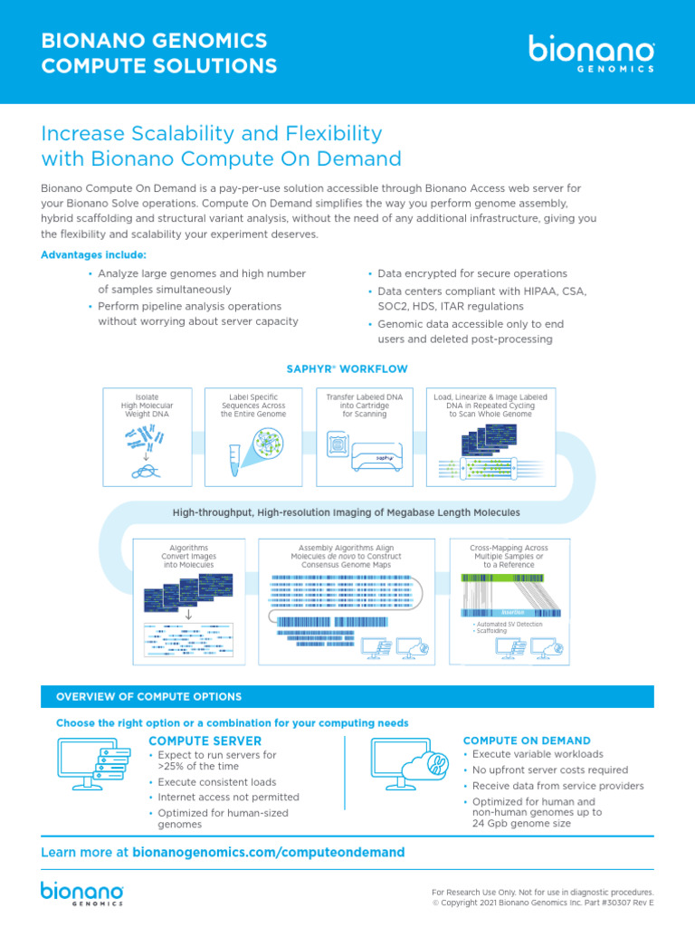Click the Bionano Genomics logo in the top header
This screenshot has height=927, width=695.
tap(592, 54)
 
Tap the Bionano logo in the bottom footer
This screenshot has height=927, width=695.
tap(82, 892)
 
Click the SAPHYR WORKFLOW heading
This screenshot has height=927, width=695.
tap(347, 369)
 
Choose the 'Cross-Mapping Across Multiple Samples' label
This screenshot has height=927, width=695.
tap(509, 556)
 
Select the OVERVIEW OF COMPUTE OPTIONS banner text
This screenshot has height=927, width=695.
tap(149, 697)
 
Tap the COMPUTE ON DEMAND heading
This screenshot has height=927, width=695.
tap(527, 741)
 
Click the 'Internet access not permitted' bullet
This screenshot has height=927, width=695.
tap(228, 798)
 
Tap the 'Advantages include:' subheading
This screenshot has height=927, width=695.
tap(93, 254)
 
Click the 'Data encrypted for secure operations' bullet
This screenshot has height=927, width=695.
tap(472, 273)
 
